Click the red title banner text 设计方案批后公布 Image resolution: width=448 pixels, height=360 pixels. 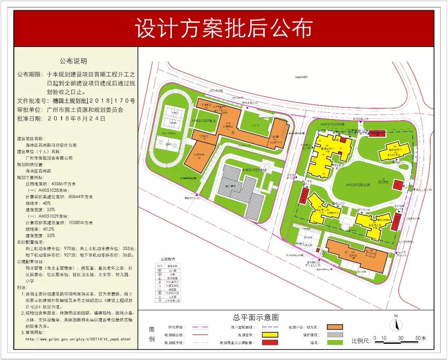(224, 28)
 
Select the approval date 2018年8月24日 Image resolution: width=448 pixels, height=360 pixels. (77, 118)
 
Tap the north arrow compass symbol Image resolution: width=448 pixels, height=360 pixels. (396, 323)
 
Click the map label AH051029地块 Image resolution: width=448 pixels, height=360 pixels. (205, 120)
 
